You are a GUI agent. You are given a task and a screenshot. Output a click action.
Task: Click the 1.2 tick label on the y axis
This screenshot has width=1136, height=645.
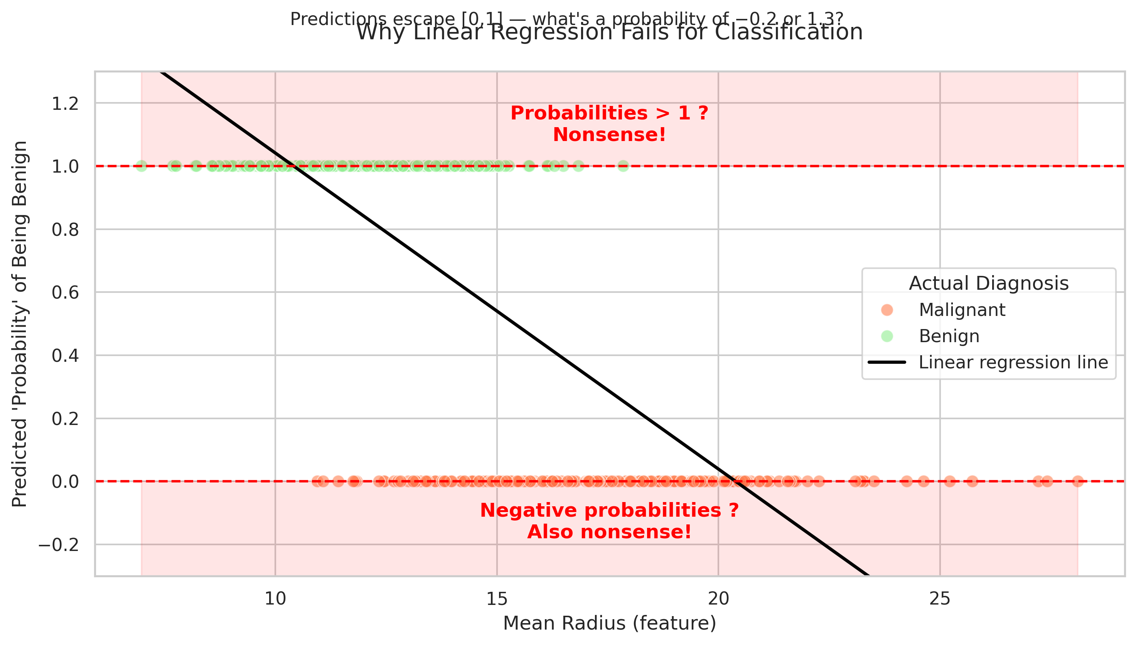click(65, 104)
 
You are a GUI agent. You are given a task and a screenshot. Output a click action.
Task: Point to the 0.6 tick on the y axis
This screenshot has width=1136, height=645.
click(65, 292)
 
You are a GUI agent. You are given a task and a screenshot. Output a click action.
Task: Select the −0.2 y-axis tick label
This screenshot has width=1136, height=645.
click(59, 544)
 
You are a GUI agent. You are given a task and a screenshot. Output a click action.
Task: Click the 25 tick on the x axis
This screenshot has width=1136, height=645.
click(940, 599)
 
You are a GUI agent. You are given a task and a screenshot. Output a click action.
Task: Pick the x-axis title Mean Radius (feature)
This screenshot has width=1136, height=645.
click(609, 623)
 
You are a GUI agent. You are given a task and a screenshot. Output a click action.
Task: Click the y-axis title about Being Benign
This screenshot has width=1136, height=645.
click(20, 324)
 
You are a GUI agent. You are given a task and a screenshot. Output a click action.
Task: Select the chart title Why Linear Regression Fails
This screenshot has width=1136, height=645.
click(609, 33)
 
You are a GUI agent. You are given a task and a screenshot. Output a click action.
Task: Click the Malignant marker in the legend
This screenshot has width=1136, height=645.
click(887, 310)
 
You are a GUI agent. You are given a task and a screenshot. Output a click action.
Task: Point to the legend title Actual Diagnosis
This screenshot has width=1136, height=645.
click(988, 284)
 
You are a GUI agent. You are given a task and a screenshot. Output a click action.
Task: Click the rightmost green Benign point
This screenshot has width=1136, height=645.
click(623, 166)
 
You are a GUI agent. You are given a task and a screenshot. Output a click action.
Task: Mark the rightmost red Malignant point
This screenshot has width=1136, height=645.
click(1077, 481)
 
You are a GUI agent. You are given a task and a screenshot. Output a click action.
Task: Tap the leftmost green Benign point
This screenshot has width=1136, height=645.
click(142, 166)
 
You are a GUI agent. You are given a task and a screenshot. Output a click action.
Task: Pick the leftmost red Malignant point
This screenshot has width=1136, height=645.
click(317, 481)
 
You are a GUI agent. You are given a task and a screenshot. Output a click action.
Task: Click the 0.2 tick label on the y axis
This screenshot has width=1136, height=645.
click(65, 418)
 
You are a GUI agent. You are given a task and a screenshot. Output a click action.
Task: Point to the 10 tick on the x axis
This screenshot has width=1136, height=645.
click(275, 599)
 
